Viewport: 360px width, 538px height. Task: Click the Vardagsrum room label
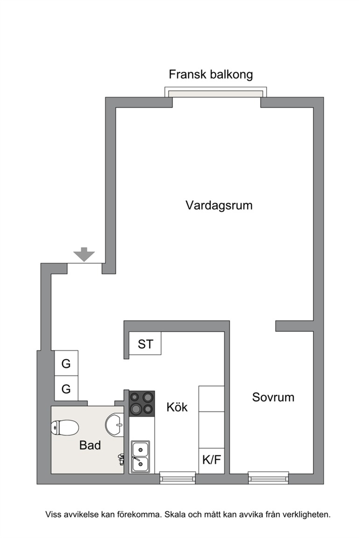(219, 205)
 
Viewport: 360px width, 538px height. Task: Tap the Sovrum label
(273, 397)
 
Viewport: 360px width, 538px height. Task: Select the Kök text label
(177, 407)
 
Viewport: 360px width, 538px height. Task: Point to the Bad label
(90, 446)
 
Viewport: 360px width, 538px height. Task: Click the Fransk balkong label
(211, 74)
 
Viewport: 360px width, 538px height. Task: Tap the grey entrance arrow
(84, 255)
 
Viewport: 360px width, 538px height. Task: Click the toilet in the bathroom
(65, 428)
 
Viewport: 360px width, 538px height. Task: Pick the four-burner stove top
(142, 403)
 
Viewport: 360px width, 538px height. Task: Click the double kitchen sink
(141, 457)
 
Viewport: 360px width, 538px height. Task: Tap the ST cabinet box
(145, 343)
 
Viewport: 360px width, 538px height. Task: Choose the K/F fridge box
(212, 461)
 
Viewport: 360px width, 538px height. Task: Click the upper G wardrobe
(66, 363)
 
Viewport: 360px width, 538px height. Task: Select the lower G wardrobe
(66, 389)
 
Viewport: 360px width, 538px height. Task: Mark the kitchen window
(177, 478)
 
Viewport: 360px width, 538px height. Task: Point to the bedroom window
(268, 478)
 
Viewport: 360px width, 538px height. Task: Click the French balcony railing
(216, 92)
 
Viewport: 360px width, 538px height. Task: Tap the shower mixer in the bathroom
(121, 459)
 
